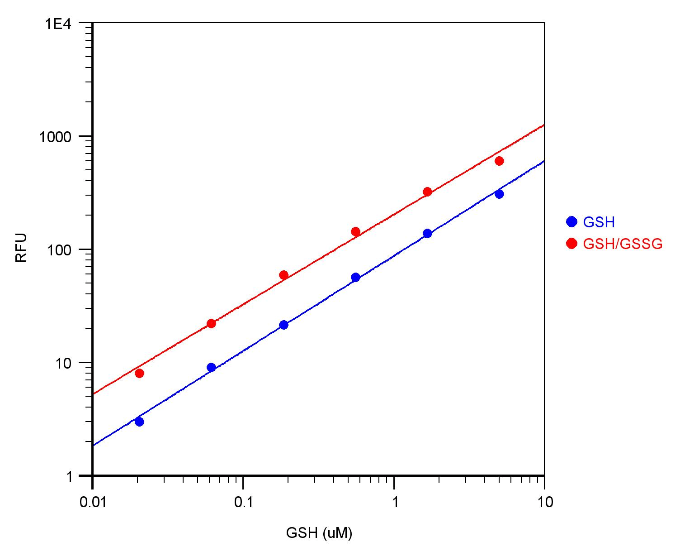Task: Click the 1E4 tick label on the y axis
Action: click(x=59, y=24)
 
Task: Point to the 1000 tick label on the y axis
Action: click(x=56, y=137)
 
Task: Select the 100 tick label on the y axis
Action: click(x=60, y=250)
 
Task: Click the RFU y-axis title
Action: click(x=21, y=248)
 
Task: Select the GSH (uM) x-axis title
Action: click(x=319, y=533)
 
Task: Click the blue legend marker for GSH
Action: click(x=572, y=222)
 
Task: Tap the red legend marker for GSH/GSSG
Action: click(x=572, y=244)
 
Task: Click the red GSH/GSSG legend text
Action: click(x=623, y=244)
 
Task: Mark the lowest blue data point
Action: click(x=139, y=422)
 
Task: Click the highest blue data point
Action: click(x=499, y=194)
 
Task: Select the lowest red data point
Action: click(x=139, y=373)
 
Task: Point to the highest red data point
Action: click(x=499, y=161)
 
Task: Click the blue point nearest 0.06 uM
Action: click(x=211, y=367)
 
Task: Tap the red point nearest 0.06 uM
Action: click(x=211, y=323)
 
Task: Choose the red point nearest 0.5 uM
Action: click(x=355, y=231)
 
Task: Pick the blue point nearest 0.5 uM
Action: click(x=355, y=277)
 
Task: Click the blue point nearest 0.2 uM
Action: click(x=283, y=325)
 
